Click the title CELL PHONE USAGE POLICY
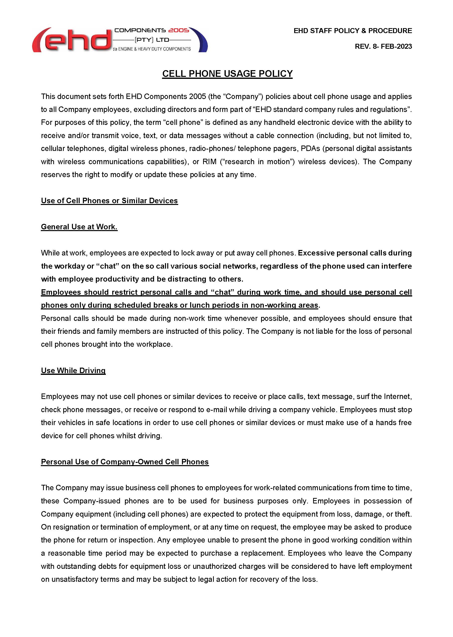click(227, 74)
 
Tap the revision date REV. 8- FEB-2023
click(383, 47)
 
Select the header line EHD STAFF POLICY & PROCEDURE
click(353, 31)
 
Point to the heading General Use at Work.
click(79, 227)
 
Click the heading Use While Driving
click(73, 371)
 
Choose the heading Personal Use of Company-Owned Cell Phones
click(125, 462)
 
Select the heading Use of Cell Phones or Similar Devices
click(109, 201)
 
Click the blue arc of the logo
click(202, 41)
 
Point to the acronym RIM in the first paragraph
click(210, 162)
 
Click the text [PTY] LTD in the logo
click(152, 40)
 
